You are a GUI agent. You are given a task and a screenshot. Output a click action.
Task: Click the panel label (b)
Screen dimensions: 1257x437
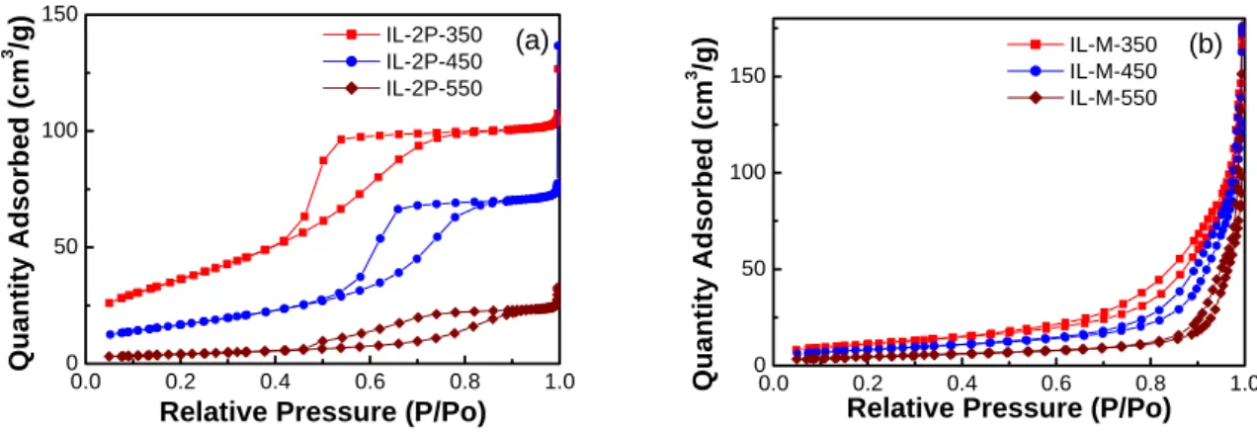click(x=1206, y=44)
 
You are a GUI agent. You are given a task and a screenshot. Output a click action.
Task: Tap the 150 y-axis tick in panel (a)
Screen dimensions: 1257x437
click(x=60, y=14)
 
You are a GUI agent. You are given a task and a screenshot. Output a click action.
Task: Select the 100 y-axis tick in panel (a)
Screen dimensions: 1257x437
click(x=60, y=131)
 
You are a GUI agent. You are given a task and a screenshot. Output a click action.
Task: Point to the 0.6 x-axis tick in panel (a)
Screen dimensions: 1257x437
click(x=370, y=382)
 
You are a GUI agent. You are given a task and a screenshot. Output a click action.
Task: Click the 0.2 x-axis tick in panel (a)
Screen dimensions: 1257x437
click(x=180, y=382)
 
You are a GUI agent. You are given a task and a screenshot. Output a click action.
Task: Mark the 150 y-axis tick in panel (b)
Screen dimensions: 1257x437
click(x=747, y=76)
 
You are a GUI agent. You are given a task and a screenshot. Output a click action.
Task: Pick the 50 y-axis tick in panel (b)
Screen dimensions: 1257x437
click(x=754, y=269)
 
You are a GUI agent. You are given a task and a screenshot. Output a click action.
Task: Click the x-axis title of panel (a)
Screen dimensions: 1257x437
click(x=323, y=412)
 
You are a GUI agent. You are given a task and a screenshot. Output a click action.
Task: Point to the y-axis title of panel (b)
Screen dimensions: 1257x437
click(x=703, y=214)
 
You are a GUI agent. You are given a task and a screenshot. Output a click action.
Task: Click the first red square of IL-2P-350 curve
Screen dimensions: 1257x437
click(x=110, y=304)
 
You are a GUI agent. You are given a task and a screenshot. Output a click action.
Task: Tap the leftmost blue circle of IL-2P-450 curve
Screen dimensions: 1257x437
click(x=110, y=334)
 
